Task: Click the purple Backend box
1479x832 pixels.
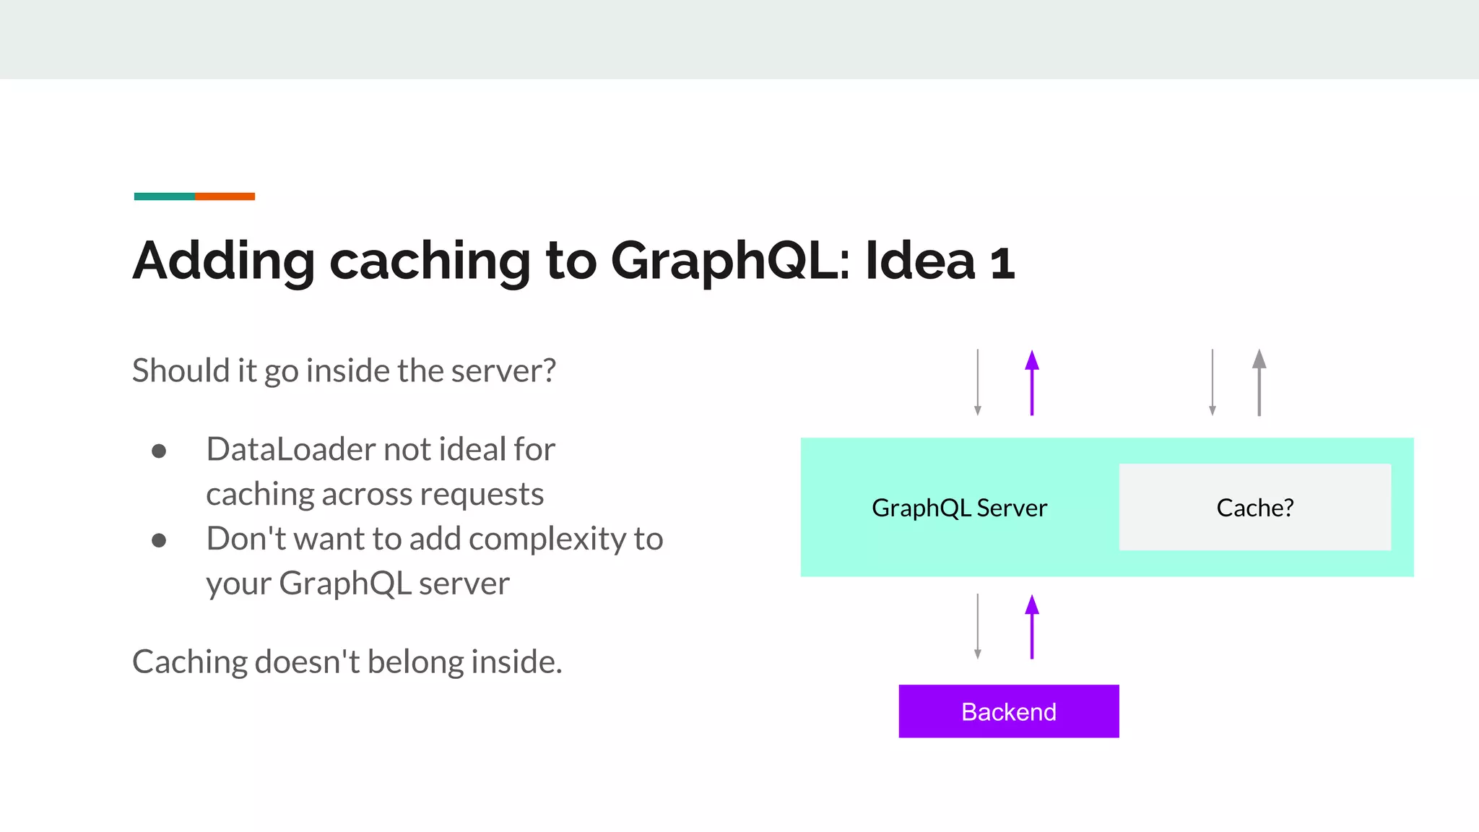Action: pos(1008,711)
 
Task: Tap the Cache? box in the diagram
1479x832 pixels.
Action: pos(1254,507)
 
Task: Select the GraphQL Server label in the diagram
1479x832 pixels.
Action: pos(959,508)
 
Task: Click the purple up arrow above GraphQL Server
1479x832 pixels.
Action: pos(1032,383)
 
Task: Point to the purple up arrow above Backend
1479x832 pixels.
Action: pos(1032,627)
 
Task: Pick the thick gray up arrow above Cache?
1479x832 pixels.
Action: pos(1259,383)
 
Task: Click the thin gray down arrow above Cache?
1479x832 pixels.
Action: pos(1213,383)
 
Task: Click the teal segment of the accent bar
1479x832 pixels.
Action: pos(164,196)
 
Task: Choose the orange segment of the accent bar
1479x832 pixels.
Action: pos(225,196)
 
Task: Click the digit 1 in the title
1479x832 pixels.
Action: pos(1002,263)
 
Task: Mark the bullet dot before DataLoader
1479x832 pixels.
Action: pos(159,452)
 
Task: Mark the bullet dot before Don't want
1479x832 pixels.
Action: pos(159,541)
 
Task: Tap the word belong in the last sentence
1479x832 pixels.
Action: pos(416,662)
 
